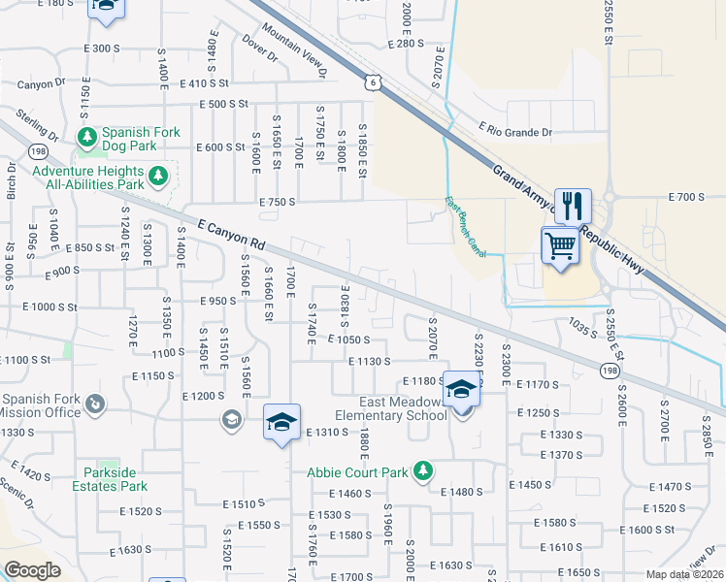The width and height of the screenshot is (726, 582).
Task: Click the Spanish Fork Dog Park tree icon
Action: point(87,135)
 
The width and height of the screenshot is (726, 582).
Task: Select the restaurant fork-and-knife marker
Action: point(573,206)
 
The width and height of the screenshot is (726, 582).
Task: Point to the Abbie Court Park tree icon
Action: point(422,471)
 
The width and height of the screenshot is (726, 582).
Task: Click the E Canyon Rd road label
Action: point(230,233)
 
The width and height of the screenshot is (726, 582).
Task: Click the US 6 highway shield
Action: point(374,82)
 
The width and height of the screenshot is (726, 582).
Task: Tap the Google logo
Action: point(32,570)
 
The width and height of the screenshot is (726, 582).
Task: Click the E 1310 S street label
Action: point(325,433)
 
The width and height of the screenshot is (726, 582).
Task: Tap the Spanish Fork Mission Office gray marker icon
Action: point(96,403)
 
